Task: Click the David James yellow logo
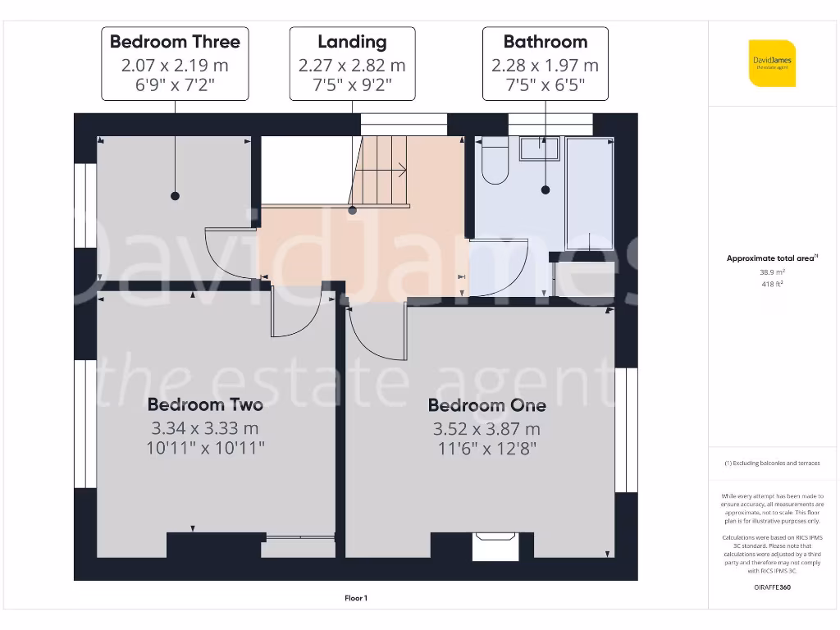point(772,63)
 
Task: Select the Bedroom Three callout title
point(175,42)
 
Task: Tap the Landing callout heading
point(352,42)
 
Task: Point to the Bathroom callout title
point(545,42)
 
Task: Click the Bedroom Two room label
point(205,404)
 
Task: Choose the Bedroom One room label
point(486,405)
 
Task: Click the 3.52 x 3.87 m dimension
point(486,428)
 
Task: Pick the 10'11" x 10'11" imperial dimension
point(205,447)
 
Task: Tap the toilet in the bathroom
point(495,162)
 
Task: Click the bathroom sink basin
point(539,148)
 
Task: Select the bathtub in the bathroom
point(591,193)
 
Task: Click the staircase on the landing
point(381,171)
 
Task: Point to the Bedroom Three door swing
point(230,254)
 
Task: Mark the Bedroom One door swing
point(376,332)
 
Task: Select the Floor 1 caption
point(355,599)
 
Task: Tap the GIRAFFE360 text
point(771,587)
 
